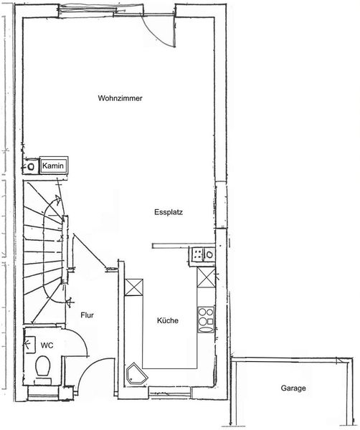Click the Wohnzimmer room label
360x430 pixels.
[120, 98]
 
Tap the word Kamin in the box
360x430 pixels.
[53, 166]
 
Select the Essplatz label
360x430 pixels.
[169, 212]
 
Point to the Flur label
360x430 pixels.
[87, 315]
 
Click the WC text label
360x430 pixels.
[47, 345]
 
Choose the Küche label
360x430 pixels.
[168, 320]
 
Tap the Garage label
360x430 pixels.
[293, 388]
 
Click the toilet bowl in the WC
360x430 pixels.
[42, 366]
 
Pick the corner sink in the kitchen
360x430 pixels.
[136, 373]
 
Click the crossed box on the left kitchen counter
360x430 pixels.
[134, 287]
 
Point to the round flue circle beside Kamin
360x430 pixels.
[32, 166]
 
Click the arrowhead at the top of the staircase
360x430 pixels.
[58, 199]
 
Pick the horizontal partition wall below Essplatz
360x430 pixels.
[184, 246]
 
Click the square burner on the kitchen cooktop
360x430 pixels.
[211, 321]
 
